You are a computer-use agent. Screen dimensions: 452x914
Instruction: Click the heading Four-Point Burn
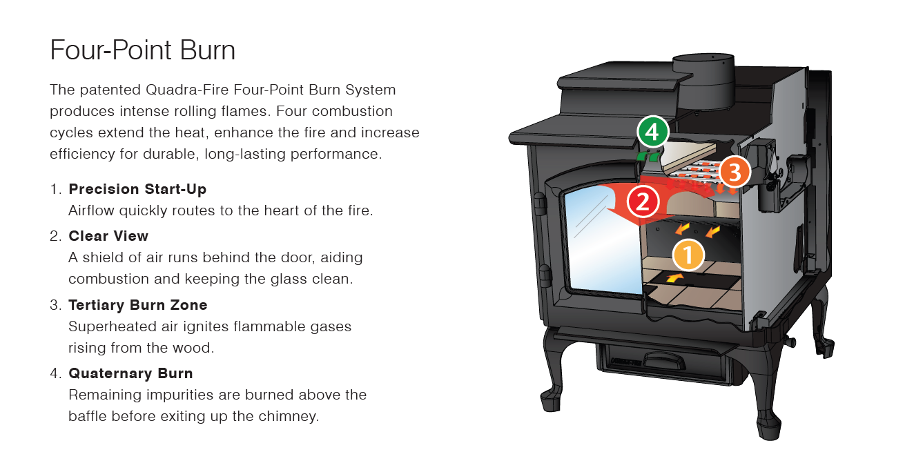(x=143, y=51)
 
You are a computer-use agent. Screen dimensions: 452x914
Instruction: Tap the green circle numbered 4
(x=652, y=132)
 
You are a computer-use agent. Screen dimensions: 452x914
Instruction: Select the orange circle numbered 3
(x=735, y=173)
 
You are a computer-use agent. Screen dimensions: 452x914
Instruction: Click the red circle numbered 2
(x=643, y=202)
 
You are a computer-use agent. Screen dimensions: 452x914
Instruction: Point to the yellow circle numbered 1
(x=688, y=254)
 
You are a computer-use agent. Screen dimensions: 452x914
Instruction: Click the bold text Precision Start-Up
(x=137, y=189)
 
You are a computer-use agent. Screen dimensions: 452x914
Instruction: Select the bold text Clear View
(x=108, y=236)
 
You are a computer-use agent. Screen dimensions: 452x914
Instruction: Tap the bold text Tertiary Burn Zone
(x=137, y=305)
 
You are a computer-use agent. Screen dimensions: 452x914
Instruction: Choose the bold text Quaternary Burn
(x=130, y=373)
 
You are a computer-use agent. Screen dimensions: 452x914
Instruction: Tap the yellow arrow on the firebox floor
(x=676, y=278)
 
